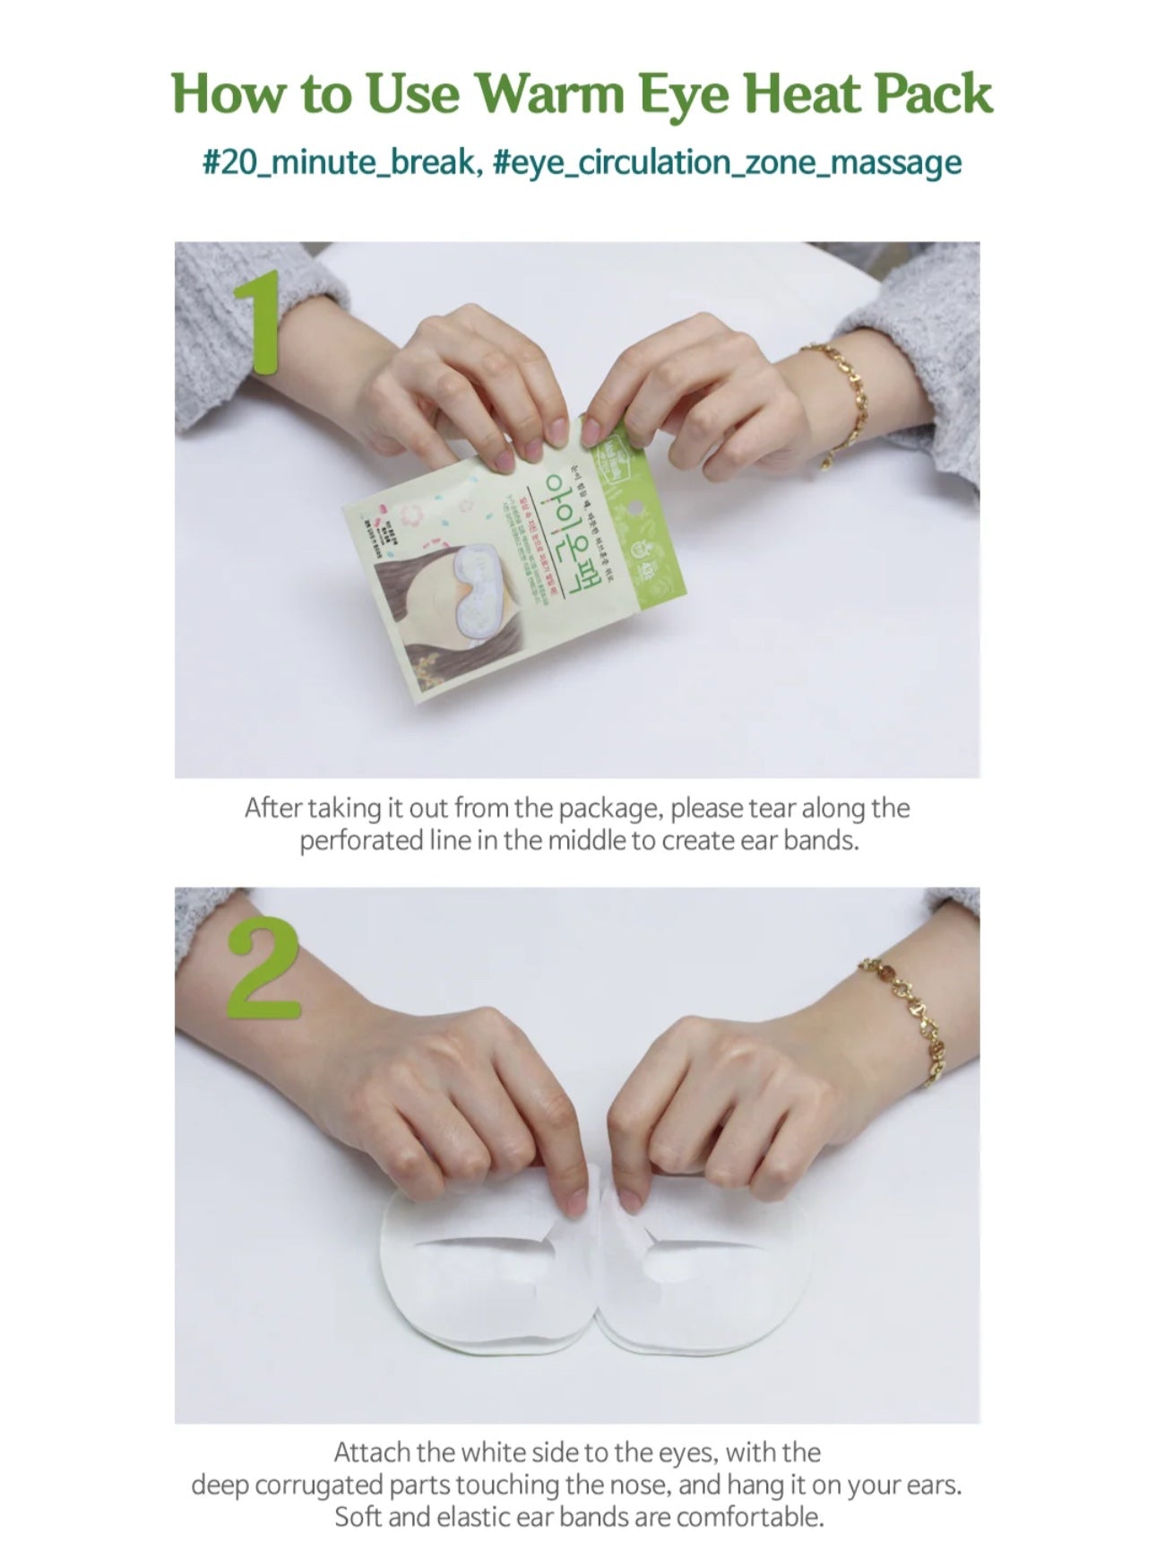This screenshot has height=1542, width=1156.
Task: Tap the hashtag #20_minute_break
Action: (338, 162)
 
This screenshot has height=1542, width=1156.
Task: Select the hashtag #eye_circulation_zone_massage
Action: (727, 162)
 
